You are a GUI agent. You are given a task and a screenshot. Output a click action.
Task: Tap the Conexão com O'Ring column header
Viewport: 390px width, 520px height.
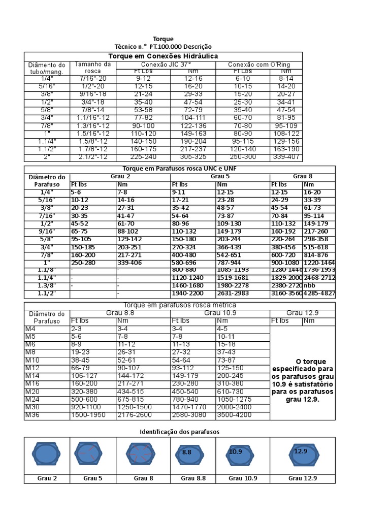[x=258, y=64]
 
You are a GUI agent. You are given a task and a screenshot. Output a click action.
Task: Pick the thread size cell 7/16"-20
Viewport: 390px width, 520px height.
[x=93, y=79]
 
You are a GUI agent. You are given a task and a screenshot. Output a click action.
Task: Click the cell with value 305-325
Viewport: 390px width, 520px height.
[x=193, y=157]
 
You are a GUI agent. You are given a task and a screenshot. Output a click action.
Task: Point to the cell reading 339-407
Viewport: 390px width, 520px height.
[x=287, y=157]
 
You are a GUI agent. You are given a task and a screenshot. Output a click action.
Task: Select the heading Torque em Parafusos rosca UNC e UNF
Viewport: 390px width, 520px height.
[x=179, y=169]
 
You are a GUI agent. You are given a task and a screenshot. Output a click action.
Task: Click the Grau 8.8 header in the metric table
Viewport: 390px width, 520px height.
[x=120, y=313]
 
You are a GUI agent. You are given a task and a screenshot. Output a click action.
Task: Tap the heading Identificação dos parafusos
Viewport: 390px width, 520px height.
[x=179, y=432]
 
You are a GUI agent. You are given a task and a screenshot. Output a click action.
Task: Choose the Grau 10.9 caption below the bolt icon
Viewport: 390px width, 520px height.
[x=243, y=478]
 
